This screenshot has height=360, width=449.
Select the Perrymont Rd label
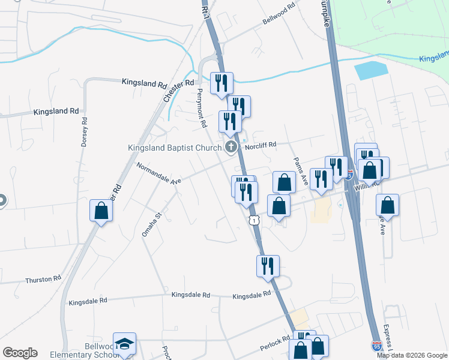pos(202,109)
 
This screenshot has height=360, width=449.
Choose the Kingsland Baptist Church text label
pos(174,148)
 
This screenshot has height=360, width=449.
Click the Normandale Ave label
pos(158,173)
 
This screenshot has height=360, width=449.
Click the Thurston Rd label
pos(43,280)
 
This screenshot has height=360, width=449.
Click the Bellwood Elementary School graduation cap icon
pos(125,344)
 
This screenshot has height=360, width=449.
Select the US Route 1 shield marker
pos(255,221)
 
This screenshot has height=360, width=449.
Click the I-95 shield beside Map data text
pos(376,346)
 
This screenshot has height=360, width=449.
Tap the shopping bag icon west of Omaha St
pos(101,211)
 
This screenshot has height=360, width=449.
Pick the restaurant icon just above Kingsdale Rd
pos(268,265)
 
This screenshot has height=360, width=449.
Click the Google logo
pos(20,353)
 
